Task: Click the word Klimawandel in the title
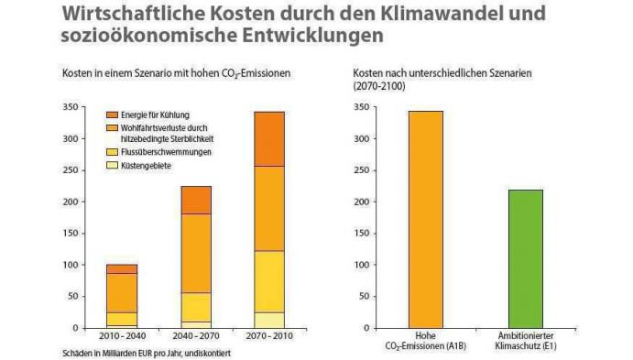(429, 15)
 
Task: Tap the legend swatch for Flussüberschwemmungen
(113, 152)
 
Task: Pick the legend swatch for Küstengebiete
(113, 166)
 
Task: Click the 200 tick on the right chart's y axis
(343, 202)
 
